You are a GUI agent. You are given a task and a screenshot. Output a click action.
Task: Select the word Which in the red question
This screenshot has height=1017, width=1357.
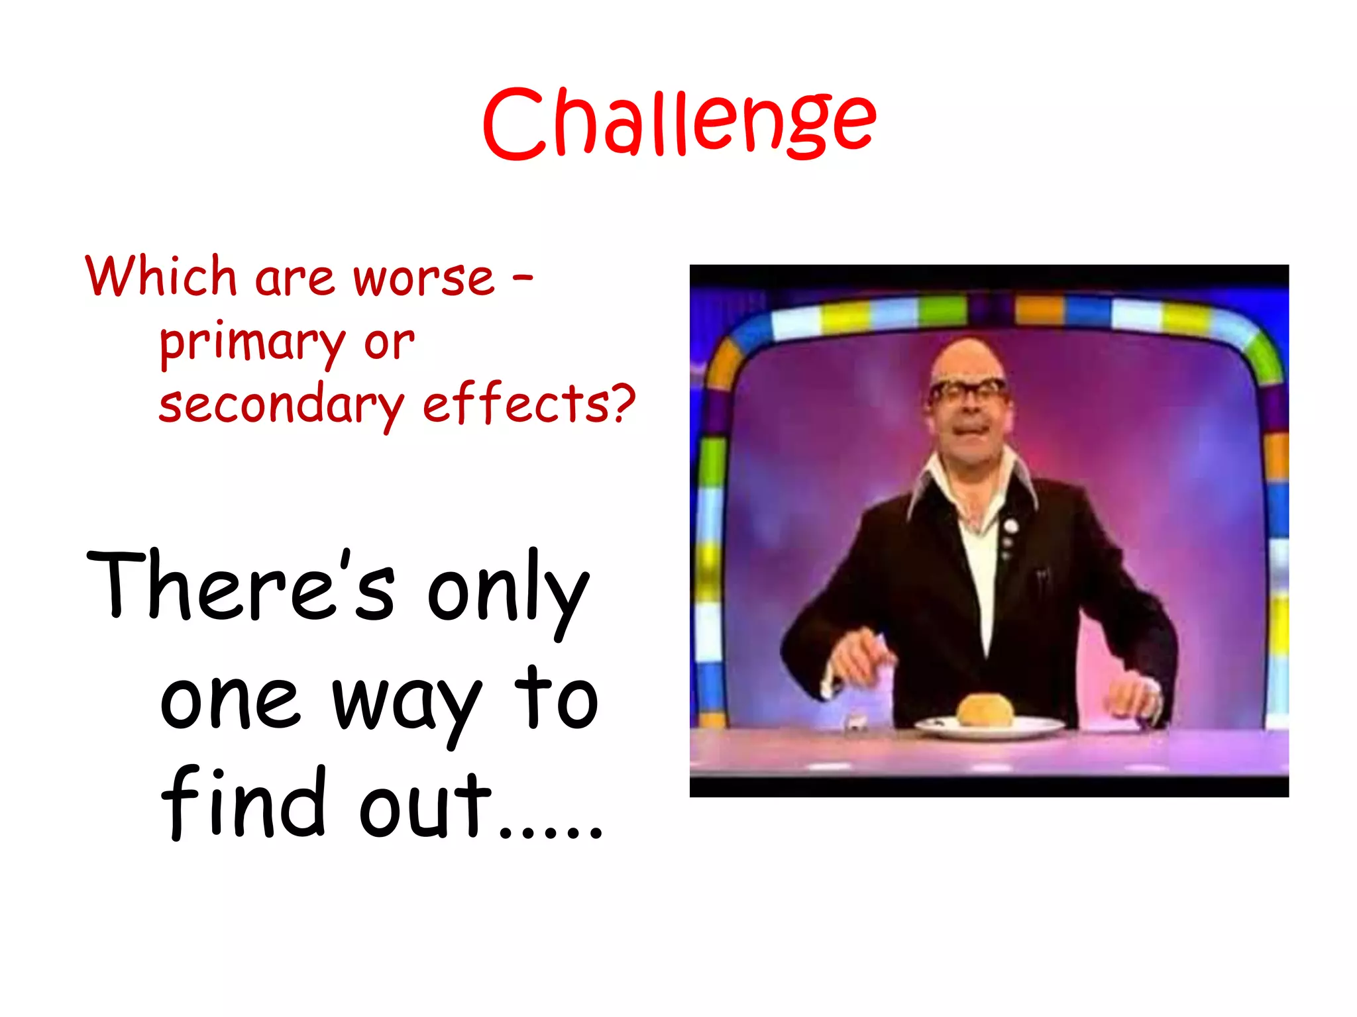point(161,276)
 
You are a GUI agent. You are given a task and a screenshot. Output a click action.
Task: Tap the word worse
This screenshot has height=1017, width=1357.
point(424,278)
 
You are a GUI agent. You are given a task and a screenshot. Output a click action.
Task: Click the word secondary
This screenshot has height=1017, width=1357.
point(281,405)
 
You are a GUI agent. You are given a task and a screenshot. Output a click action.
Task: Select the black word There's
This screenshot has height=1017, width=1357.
point(241,586)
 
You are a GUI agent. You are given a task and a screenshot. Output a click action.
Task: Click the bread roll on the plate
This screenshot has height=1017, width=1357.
point(985,710)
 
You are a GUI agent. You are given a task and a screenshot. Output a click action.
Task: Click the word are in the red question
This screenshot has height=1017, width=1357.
point(294,278)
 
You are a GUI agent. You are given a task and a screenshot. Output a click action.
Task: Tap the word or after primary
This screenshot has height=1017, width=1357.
point(389,343)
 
